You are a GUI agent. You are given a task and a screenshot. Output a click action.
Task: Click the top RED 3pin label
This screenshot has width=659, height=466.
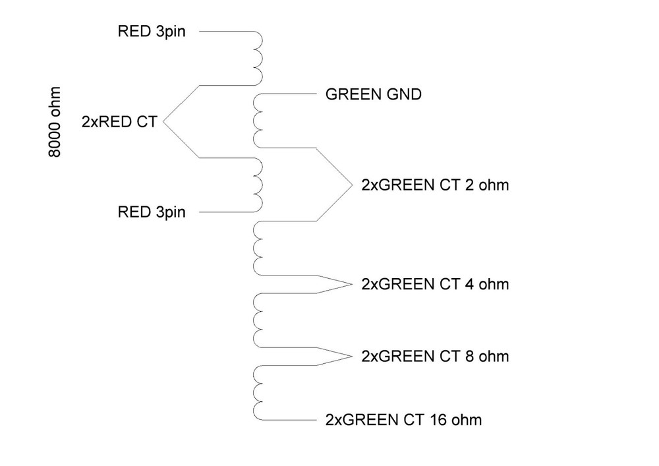(152, 30)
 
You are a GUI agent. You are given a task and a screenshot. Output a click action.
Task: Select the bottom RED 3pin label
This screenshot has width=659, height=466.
(152, 212)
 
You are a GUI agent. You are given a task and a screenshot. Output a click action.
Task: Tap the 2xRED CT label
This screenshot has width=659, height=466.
(119, 121)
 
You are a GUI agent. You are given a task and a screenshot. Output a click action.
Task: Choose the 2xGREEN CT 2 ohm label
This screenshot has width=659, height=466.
(435, 185)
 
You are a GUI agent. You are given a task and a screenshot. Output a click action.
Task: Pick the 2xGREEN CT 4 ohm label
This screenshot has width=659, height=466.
(435, 285)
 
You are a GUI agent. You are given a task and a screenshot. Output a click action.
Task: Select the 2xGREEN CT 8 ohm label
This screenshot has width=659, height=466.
(435, 357)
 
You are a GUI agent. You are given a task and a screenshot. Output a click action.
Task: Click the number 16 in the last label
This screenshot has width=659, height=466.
(438, 419)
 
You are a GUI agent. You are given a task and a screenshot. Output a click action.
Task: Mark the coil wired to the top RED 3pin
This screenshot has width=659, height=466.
(258, 58)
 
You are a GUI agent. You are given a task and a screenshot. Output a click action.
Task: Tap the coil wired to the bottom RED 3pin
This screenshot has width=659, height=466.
(258, 185)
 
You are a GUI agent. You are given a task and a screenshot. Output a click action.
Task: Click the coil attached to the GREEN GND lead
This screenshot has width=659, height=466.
(257, 121)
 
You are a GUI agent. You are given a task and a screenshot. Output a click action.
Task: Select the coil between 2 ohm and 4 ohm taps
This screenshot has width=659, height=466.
(257, 248)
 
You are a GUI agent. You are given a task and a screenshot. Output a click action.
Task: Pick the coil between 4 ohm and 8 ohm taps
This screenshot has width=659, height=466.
(257, 320)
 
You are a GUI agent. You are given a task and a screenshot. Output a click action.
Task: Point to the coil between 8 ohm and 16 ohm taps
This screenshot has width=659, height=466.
(257, 393)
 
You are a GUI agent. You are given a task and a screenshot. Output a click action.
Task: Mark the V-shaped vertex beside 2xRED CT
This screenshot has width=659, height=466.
(163, 121)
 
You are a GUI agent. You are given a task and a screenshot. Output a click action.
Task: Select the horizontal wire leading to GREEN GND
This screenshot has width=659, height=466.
(290, 95)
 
